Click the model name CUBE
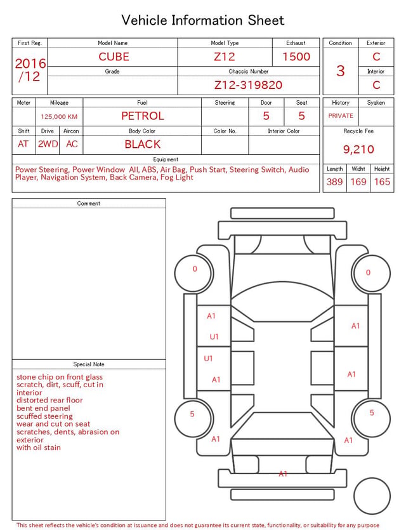click(x=114, y=56)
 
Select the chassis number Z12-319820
click(x=248, y=85)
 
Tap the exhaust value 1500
click(x=296, y=56)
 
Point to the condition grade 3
click(x=341, y=70)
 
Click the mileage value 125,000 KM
click(x=59, y=117)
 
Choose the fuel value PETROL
click(x=143, y=116)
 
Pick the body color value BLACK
click(x=143, y=144)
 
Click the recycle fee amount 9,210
click(x=358, y=149)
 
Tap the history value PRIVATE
click(x=341, y=116)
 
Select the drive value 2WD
click(x=48, y=144)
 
